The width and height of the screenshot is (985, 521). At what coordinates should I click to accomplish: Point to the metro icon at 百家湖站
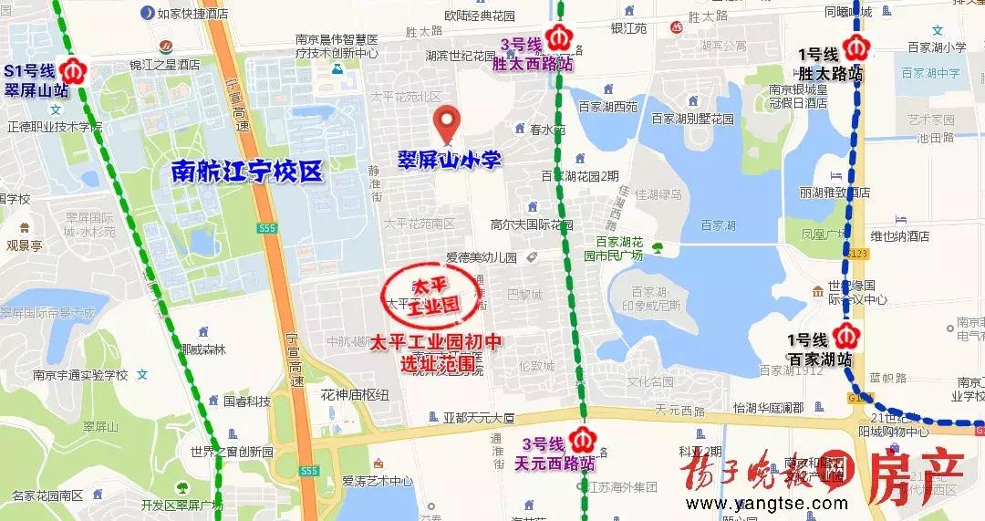[x=849, y=336]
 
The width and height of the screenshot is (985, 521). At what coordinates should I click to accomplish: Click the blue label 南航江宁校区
[x=247, y=172]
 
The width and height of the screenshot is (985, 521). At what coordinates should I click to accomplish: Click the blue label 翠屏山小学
[x=449, y=161]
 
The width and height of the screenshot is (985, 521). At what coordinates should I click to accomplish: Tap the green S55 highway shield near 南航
[x=266, y=227]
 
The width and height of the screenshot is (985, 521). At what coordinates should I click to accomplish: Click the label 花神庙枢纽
[x=354, y=394]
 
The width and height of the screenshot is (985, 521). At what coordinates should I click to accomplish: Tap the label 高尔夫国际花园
[x=531, y=224]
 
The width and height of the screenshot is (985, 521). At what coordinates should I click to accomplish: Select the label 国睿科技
[x=246, y=401]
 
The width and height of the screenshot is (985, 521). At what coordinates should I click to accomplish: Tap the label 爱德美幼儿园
[x=481, y=258]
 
